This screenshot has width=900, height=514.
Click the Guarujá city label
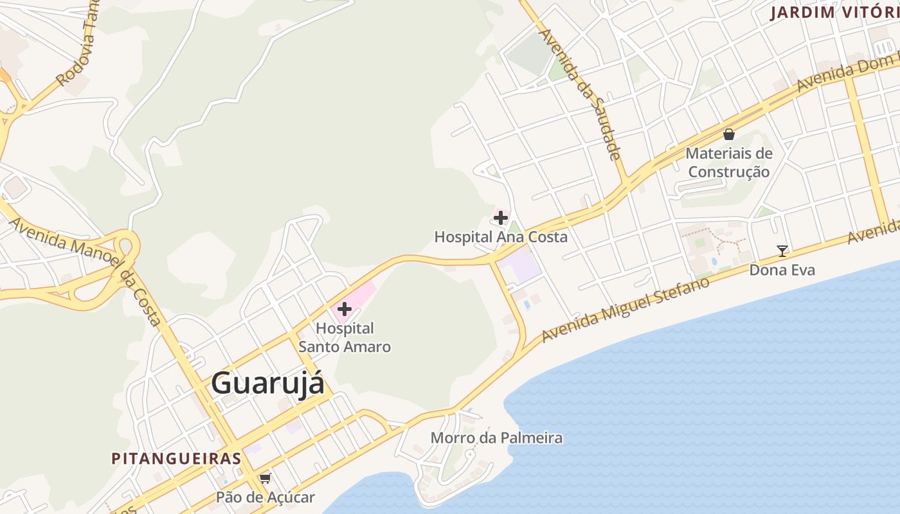[x=267, y=384]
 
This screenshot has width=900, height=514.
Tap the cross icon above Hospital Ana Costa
[x=501, y=217]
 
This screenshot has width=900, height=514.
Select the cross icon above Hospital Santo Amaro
[x=345, y=309]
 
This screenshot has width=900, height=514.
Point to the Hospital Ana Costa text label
[x=501, y=236]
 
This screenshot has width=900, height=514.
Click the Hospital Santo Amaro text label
[x=345, y=337]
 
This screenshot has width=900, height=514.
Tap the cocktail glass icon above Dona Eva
[x=782, y=251]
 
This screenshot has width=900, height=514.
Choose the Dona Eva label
[x=782, y=270]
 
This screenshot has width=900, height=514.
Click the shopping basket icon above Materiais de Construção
[x=729, y=134]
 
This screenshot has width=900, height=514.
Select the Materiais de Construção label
[x=729, y=163]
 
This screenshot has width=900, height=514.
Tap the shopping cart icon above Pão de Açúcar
[x=265, y=478]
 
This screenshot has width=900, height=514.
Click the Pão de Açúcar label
[x=265, y=497]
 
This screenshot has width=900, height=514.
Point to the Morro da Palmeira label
[x=496, y=438]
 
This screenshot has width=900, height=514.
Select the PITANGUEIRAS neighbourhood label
[x=177, y=459]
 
